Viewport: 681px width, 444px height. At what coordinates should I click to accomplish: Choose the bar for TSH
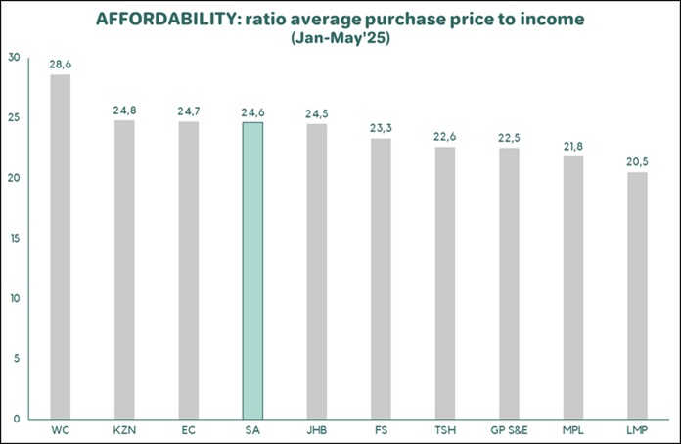point(445,283)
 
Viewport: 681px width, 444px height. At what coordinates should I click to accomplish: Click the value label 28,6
point(61,63)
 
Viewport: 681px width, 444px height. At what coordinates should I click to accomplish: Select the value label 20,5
point(637,160)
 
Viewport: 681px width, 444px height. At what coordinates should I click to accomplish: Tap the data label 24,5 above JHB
point(317,112)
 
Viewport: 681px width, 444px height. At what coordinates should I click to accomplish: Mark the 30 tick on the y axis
point(14,58)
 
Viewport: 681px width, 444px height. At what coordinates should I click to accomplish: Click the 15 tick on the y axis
point(14,238)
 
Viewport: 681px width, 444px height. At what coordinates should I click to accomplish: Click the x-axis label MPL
point(573,430)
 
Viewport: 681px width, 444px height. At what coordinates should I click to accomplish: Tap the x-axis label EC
point(189,430)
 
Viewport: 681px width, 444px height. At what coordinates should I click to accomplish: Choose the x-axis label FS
point(381,430)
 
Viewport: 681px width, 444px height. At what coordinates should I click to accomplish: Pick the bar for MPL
point(573,288)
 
